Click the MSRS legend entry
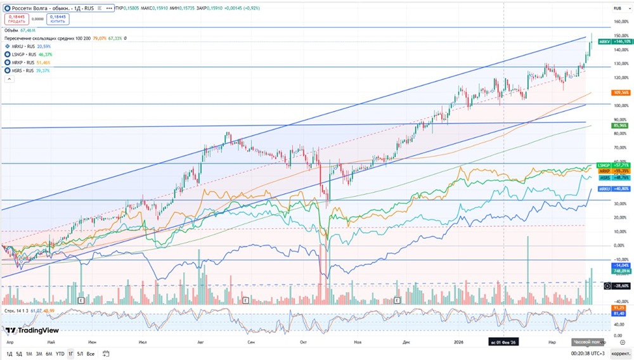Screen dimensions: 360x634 click(x=23, y=70)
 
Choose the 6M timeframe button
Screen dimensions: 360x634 click(x=49, y=354)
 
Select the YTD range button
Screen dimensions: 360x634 click(x=60, y=354)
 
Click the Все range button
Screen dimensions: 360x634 click(x=91, y=354)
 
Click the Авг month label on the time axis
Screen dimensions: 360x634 click(x=201, y=342)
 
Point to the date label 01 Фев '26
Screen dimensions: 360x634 click(x=504, y=342)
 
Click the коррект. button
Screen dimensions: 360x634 click(x=620, y=354)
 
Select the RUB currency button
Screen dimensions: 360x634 click(x=617, y=8)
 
